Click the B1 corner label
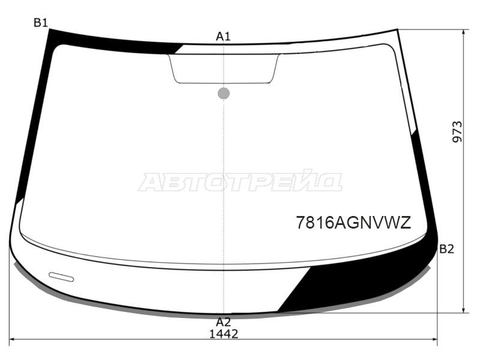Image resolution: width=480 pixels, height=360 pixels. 41,23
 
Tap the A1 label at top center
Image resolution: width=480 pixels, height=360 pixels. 223,37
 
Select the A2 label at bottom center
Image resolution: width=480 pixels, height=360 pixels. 223,322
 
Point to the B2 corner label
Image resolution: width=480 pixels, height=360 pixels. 446,249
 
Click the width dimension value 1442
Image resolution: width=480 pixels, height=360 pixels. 223,334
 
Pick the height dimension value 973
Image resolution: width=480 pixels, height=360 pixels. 457,132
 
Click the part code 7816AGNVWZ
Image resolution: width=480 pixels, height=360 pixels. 353,223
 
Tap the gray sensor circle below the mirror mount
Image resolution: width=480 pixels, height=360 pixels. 224,94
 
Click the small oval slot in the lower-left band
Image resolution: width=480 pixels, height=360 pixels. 61,277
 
